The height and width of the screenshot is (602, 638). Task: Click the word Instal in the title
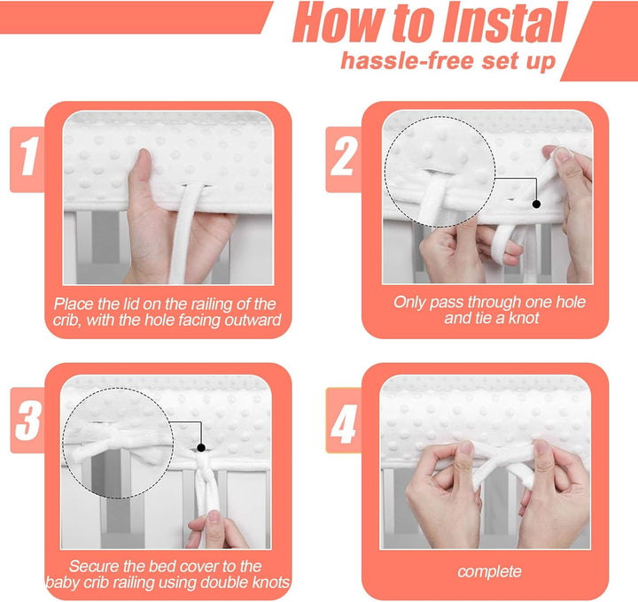(505, 22)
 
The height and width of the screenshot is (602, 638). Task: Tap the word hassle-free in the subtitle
(408, 61)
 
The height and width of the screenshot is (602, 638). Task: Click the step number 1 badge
(27, 159)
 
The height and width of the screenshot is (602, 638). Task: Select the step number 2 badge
(344, 159)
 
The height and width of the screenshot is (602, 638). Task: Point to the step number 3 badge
(27, 420)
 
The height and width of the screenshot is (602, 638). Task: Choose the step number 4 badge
(344, 420)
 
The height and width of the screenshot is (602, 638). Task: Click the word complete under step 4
(489, 572)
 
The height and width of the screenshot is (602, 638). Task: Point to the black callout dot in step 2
(536, 204)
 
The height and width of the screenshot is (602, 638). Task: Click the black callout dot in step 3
(201, 448)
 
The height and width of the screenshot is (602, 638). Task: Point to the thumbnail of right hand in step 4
(541, 447)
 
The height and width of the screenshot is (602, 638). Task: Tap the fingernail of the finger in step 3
(214, 516)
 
